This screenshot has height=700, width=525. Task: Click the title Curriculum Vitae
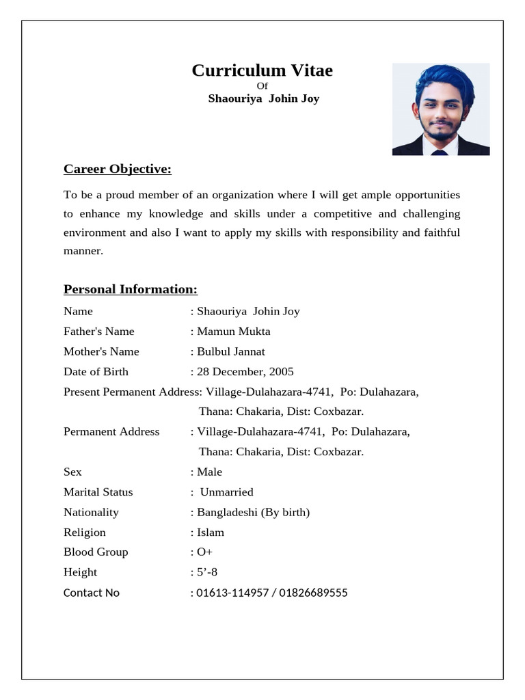[262, 70]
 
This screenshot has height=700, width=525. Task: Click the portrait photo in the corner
[440, 109]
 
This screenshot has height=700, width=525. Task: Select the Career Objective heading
[117, 169]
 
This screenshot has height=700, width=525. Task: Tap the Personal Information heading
[130, 289]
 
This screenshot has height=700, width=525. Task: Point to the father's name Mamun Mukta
[234, 332]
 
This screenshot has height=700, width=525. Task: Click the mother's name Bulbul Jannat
[231, 351]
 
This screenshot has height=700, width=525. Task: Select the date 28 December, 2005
[245, 372]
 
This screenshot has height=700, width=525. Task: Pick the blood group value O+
[205, 552]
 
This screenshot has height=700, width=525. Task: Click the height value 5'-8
[207, 572]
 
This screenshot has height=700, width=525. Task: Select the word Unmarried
[226, 492]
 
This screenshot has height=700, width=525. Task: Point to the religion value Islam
[211, 532]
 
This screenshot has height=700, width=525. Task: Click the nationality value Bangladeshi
[227, 512]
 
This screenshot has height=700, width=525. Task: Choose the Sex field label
[72, 472]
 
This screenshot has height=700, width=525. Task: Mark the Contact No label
[92, 593]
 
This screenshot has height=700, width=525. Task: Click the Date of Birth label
[96, 372]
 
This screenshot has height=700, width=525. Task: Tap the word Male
[210, 472]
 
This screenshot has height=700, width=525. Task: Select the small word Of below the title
[262, 85]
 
